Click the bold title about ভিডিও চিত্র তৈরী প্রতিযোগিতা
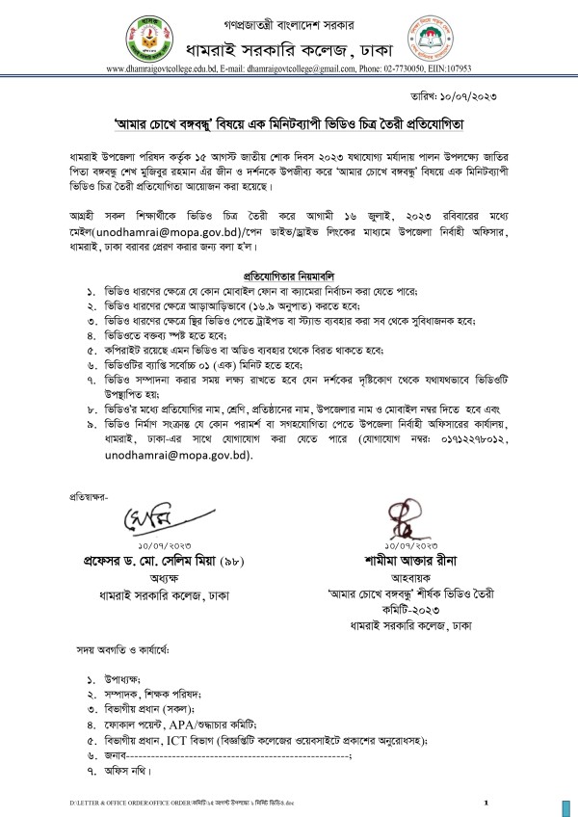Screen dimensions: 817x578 pyautogui.click(x=289, y=125)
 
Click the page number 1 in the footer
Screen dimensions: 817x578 pyautogui.click(x=486, y=802)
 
